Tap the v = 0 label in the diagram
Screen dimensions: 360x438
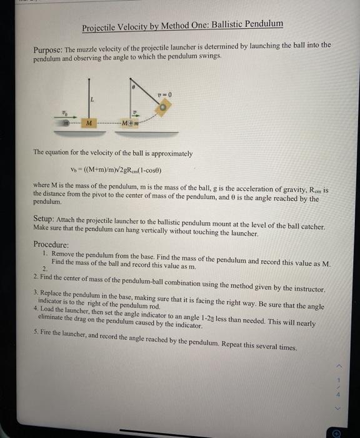click(x=164, y=94)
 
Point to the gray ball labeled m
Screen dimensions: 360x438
click(x=64, y=123)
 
